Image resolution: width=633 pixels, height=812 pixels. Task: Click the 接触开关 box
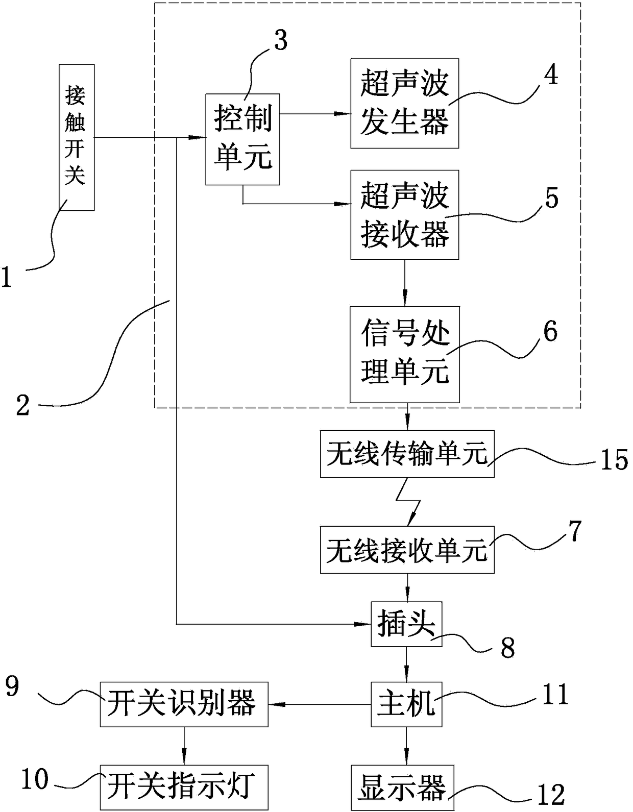pos(77,137)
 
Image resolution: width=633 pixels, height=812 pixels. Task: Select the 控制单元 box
pos(242,139)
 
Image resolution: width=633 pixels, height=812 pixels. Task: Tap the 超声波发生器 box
pos(405,103)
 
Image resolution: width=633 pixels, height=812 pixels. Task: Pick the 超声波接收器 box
pos(405,215)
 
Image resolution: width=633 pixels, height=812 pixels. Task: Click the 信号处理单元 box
pos(405,354)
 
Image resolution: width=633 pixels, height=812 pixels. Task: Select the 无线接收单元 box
pos(407,550)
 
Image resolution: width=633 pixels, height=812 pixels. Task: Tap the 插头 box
pos(406,624)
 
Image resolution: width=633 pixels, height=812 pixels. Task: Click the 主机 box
pos(406,704)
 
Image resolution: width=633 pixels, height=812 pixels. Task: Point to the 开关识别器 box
pos(184,704)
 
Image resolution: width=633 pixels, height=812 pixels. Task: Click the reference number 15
pos(614,460)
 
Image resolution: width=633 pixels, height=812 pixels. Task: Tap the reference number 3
pos(281,40)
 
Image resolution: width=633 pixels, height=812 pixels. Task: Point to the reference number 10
pos(35,779)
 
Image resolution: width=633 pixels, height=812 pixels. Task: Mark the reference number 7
pos(575,531)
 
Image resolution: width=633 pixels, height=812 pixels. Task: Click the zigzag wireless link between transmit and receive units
pos(408,502)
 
